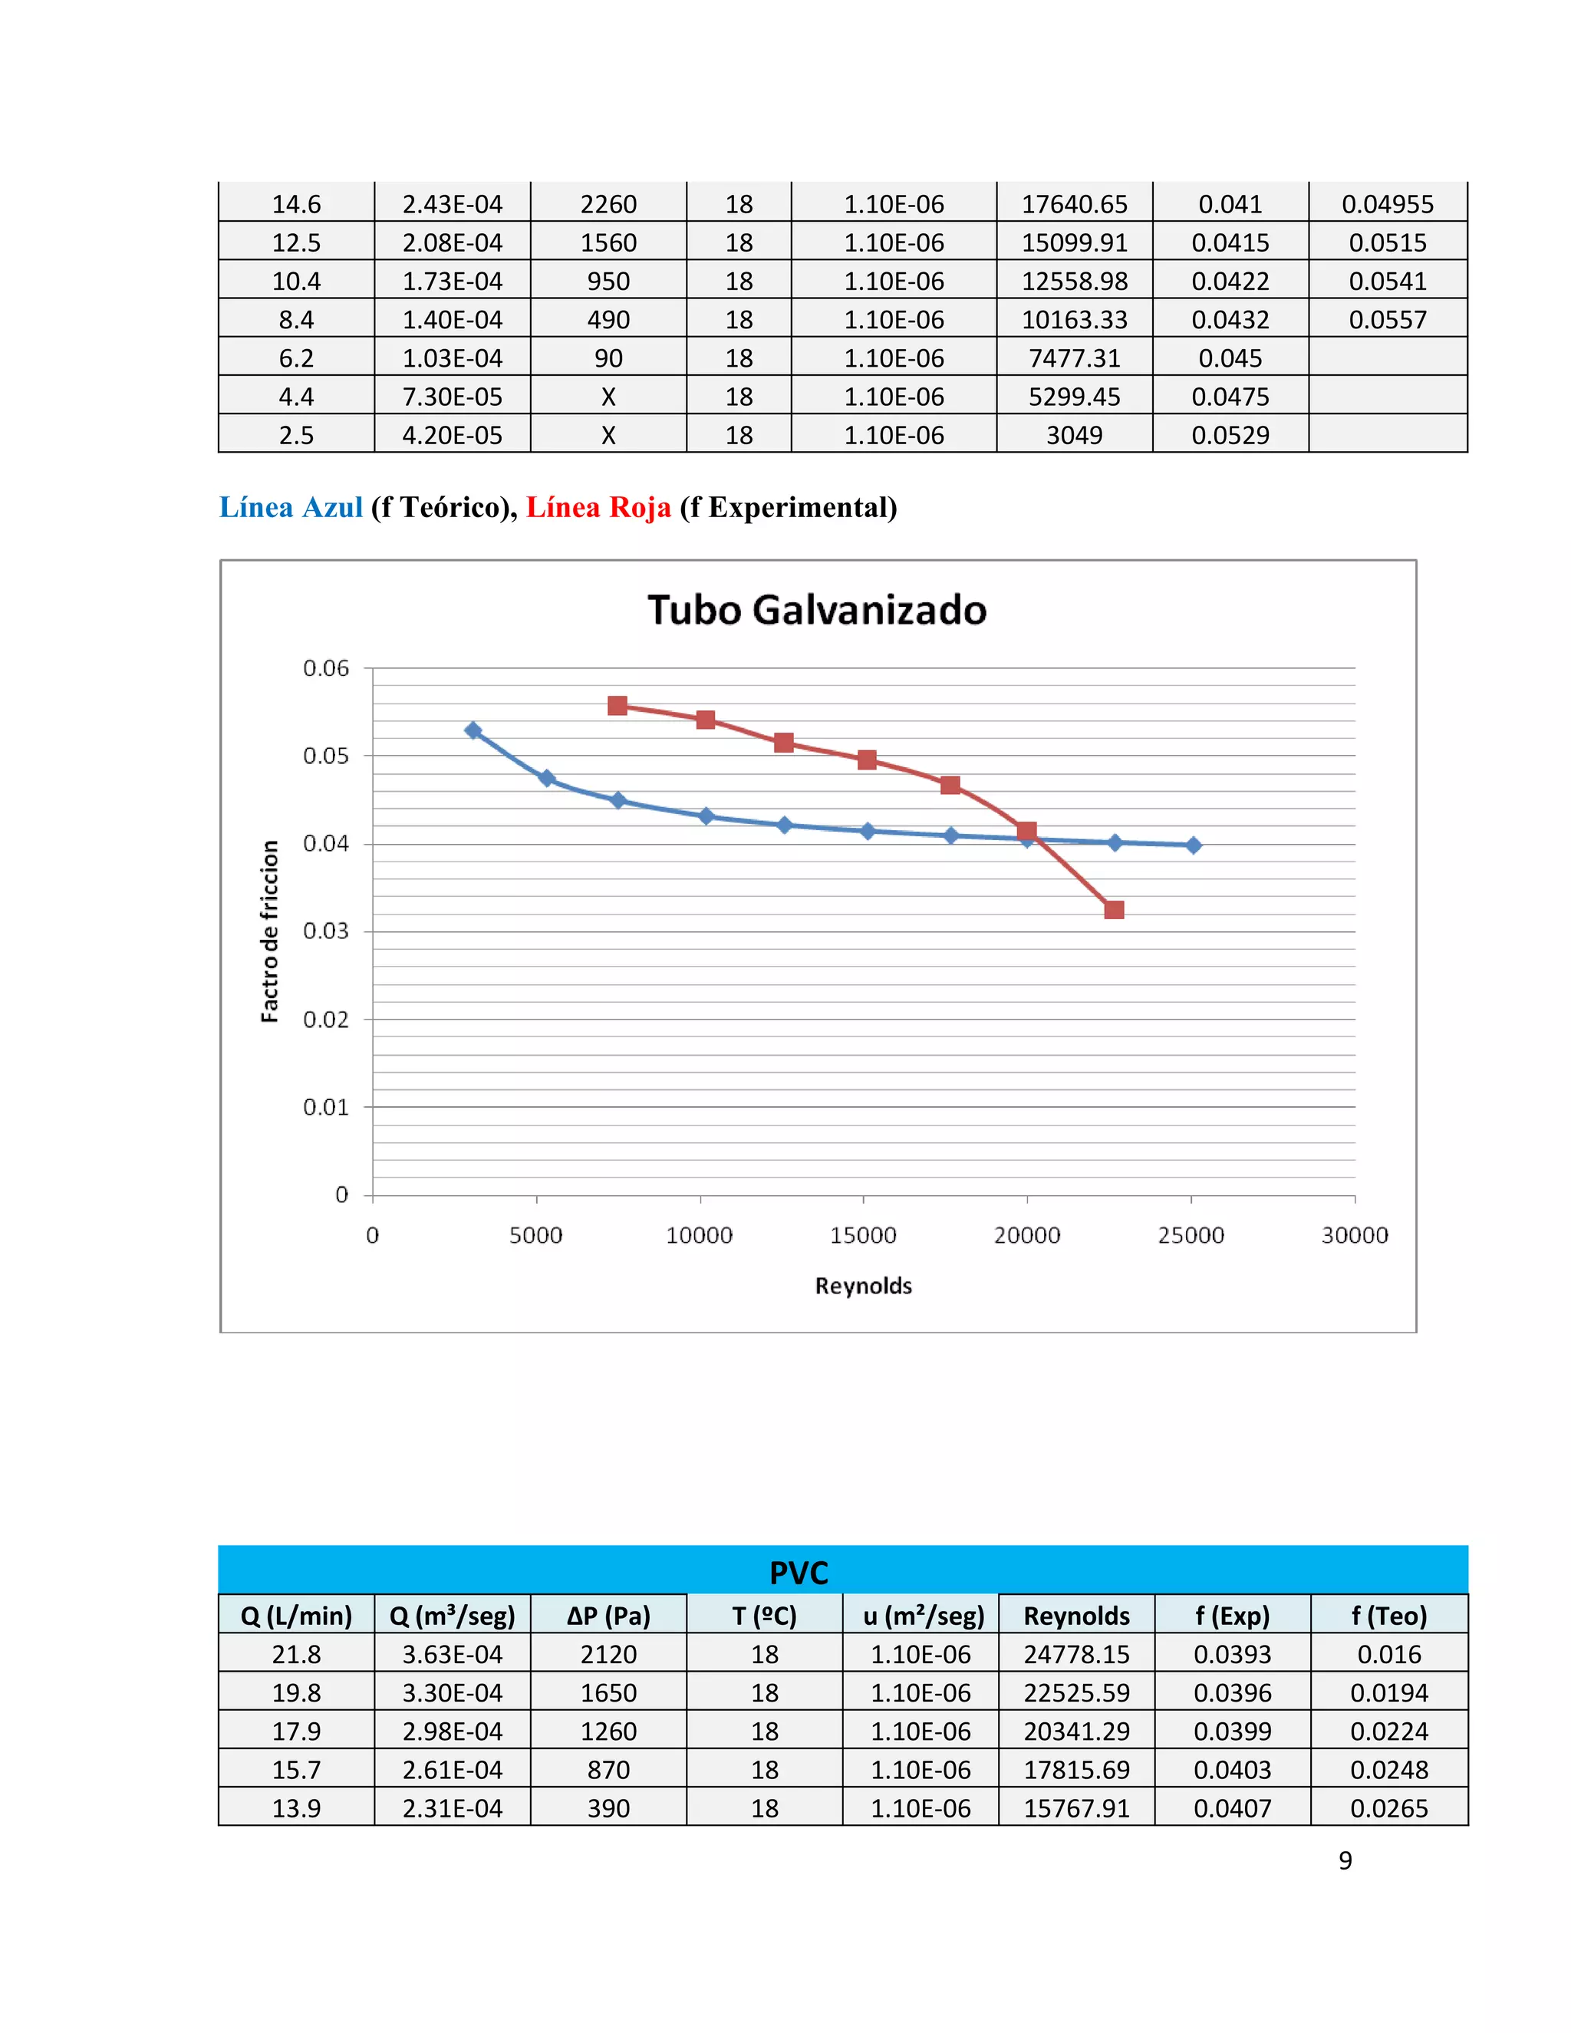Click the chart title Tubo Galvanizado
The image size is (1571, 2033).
click(x=816, y=611)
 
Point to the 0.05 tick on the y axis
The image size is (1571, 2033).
click(x=326, y=756)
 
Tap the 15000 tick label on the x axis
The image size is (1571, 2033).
click(x=863, y=1235)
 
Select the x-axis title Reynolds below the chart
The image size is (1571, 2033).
click(x=863, y=1286)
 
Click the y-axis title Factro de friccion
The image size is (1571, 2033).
click(x=270, y=931)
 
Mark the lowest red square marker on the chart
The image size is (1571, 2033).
click(x=1114, y=909)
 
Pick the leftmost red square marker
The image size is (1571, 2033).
click(x=617, y=706)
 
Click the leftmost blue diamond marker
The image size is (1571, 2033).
click(x=473, y=730)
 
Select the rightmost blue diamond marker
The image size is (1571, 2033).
click(x=1193, y=845)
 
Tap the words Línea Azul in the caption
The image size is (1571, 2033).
click(x=291, y=507)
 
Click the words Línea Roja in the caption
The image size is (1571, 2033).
click(x=598, y=507)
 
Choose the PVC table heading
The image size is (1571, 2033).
click(x=799, y=1573)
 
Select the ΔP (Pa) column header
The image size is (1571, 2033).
click(x=608, y=1616)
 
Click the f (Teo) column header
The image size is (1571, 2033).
click(x=1388, y=1616)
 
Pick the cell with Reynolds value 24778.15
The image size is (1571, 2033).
click(x=1076, y=1654)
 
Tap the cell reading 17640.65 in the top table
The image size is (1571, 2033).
click(x=1074, y=204)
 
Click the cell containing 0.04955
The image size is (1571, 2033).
click(x=1388, y=204)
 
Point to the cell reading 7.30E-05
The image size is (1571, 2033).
click(x=453, y=397)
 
